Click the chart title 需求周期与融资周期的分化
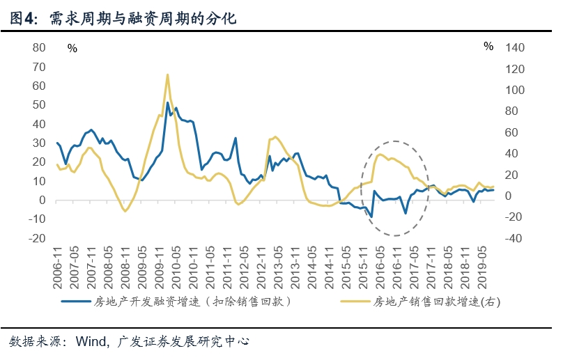pos(143,19)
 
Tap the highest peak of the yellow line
pos(167,75)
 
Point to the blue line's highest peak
pos(168,103)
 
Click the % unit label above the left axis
pos(72,48)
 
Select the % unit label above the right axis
pos(488,47)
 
